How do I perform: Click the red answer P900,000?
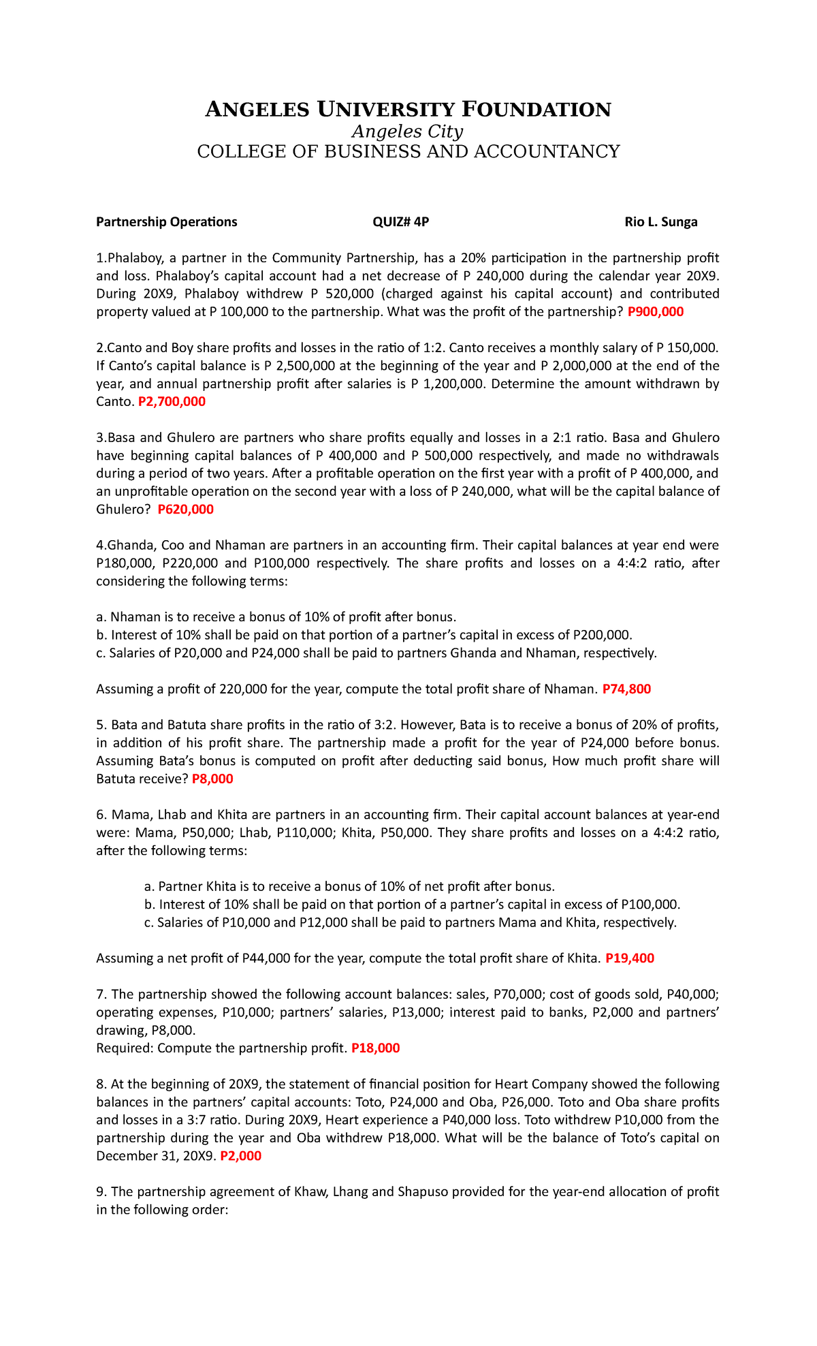pyautogui.click(x=655, y=312)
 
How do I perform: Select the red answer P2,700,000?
pyautogui.click(x=172, y=402)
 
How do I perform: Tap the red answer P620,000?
pyautogui.click(x=185, y=510)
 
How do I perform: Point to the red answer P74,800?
pyautogui.click(x=626, y=689)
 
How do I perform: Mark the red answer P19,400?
pyautogui.click(x=629, y=958)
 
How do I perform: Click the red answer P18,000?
pyautogui.click(x=375, y=1048)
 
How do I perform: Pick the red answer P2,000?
pyautogui.click(x=241, y=1156)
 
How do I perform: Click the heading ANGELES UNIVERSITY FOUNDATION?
pyautogui.click(x=408, y=109)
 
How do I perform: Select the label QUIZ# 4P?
pyautogui.click(x=400, y=222)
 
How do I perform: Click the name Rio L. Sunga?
pyautogui.click(x=660, y=222)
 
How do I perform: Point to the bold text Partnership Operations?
pyautogui.click(x=167, y=222)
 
